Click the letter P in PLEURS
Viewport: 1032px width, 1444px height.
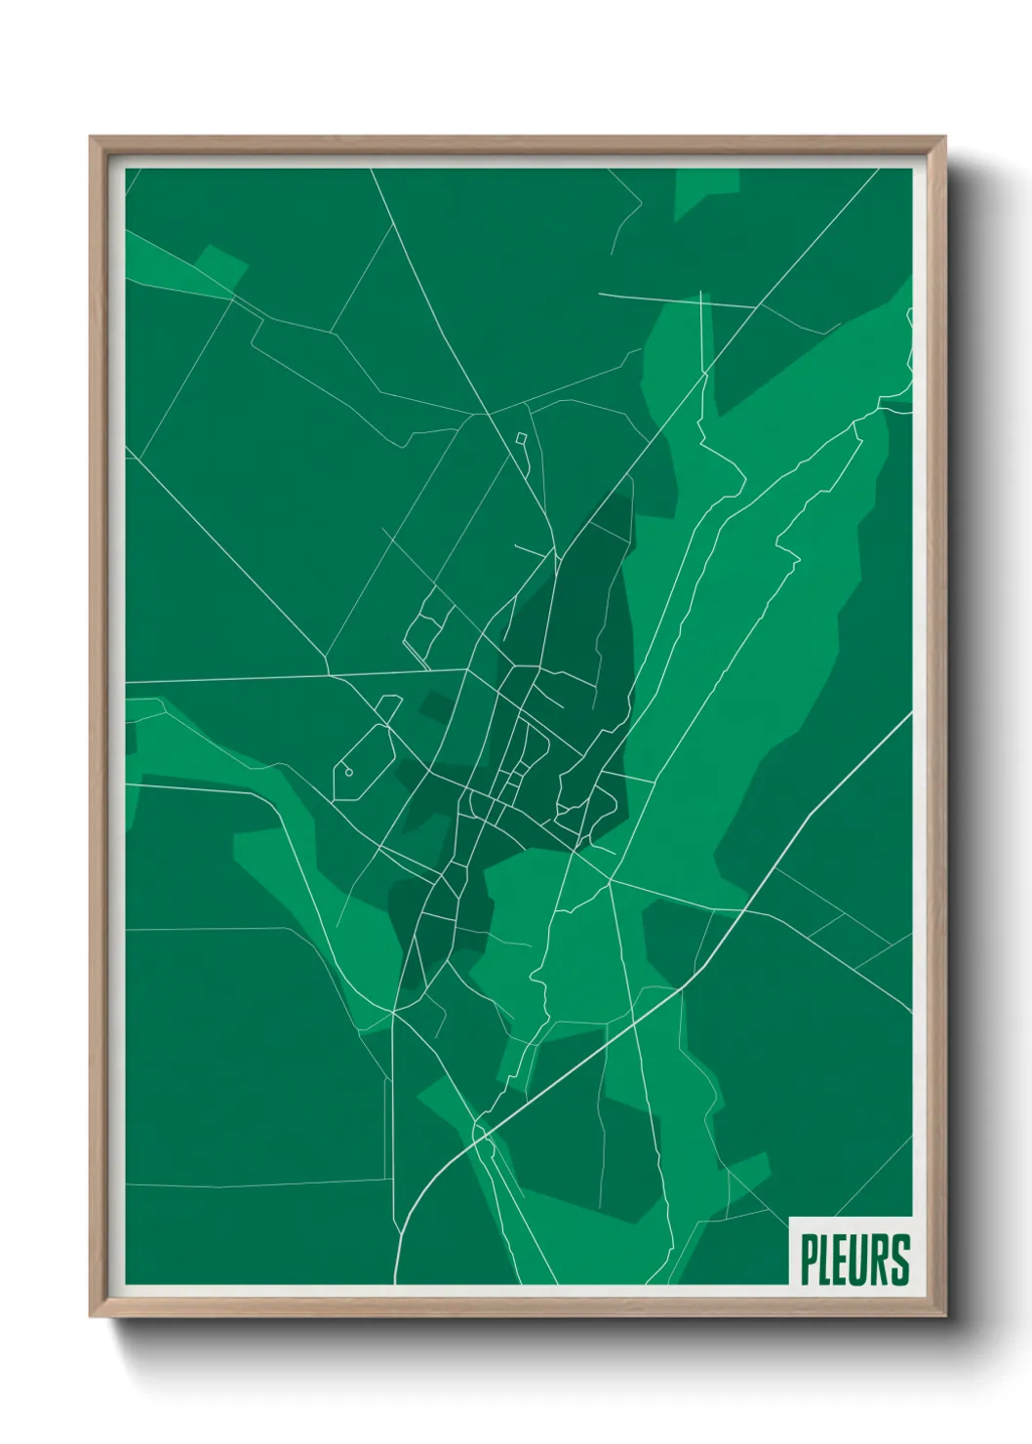[809, 1260]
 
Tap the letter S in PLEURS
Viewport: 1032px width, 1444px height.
[901, 1260]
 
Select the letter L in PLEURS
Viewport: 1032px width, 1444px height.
[826, 1260]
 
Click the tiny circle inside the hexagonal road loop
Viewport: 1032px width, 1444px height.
[349, 772]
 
